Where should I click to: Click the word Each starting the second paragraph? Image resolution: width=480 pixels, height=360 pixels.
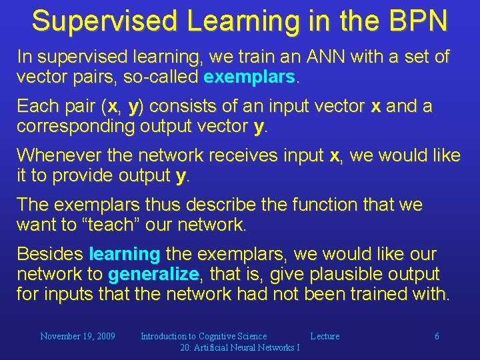(x=37, y=107)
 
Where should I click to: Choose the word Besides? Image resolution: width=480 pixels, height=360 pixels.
(x=49, y=254)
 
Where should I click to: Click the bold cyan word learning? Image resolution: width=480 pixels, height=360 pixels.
(x=124, y=254)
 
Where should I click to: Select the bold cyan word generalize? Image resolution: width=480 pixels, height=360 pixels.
(x=153, y=274)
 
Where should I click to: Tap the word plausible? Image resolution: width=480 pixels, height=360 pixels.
(x=333, y=274)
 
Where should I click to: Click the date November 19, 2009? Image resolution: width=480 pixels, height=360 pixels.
(x=77, y=337)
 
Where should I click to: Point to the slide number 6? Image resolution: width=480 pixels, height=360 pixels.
(x=437, y=337)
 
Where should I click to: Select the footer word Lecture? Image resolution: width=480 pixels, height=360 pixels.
(x=325, y=337)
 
